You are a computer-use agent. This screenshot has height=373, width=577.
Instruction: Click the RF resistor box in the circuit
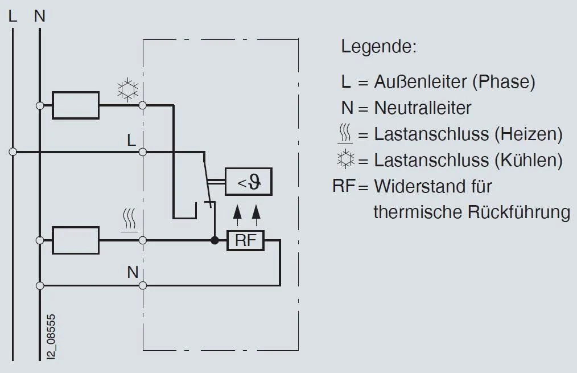tap(246, 240)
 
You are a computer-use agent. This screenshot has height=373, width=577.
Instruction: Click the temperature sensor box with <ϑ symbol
tap(248, 183)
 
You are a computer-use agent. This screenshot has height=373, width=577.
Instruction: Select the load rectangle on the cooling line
tap(75, 105)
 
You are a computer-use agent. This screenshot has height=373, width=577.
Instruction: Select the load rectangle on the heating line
tap(75, 240)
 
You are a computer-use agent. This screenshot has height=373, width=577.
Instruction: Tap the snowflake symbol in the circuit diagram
tap(127, 90)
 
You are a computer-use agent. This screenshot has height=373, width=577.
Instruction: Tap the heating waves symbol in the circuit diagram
tap(130, 220)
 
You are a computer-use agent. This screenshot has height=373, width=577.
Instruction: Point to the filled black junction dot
tap(215, 240)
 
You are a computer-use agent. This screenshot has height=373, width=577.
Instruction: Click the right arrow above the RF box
tap(256, 212)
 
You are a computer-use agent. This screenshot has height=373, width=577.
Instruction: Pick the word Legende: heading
tap(378, 47)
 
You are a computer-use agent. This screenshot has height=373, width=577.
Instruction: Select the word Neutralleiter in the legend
tap(422, 108)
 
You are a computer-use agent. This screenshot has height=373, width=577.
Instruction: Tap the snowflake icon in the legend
tap(345, 160)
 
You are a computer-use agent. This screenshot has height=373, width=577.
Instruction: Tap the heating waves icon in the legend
tap(345, 134)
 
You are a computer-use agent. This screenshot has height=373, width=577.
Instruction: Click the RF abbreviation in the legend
tap(344, 186)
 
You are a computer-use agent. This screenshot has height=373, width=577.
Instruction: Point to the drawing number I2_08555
tap(52, 335)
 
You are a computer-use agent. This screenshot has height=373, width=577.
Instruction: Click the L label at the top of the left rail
tap(13, 17)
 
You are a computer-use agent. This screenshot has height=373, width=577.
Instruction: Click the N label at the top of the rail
tap(39, 17)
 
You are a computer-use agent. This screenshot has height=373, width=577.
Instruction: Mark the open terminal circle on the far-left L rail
tap(13, 152)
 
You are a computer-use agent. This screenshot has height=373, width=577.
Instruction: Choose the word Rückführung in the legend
tap(518, 212)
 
